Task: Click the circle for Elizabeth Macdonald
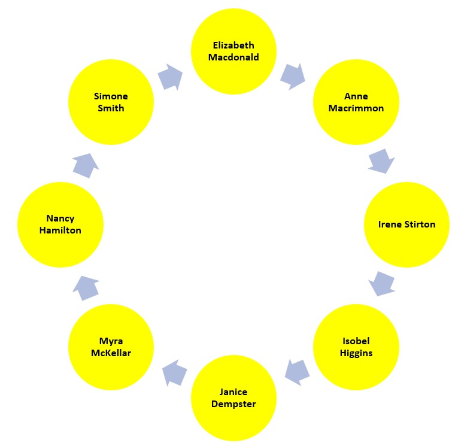233,51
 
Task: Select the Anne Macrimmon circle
356,102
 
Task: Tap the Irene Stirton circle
407,224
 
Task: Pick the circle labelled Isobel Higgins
356,347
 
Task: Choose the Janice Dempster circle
233,398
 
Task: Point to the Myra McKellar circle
111,347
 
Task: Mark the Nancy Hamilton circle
60,224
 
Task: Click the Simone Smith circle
111,102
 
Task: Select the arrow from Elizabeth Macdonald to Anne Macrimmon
292,75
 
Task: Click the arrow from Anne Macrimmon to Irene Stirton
381,161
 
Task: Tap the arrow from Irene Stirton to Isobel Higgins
381,283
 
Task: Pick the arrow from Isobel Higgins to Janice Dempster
296,372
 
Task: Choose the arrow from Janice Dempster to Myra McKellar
174,372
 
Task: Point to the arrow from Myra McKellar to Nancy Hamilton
86,288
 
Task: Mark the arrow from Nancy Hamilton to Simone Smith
86,165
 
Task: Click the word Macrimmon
356,108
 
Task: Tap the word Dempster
233,404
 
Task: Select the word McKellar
111,353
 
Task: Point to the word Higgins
356,353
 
